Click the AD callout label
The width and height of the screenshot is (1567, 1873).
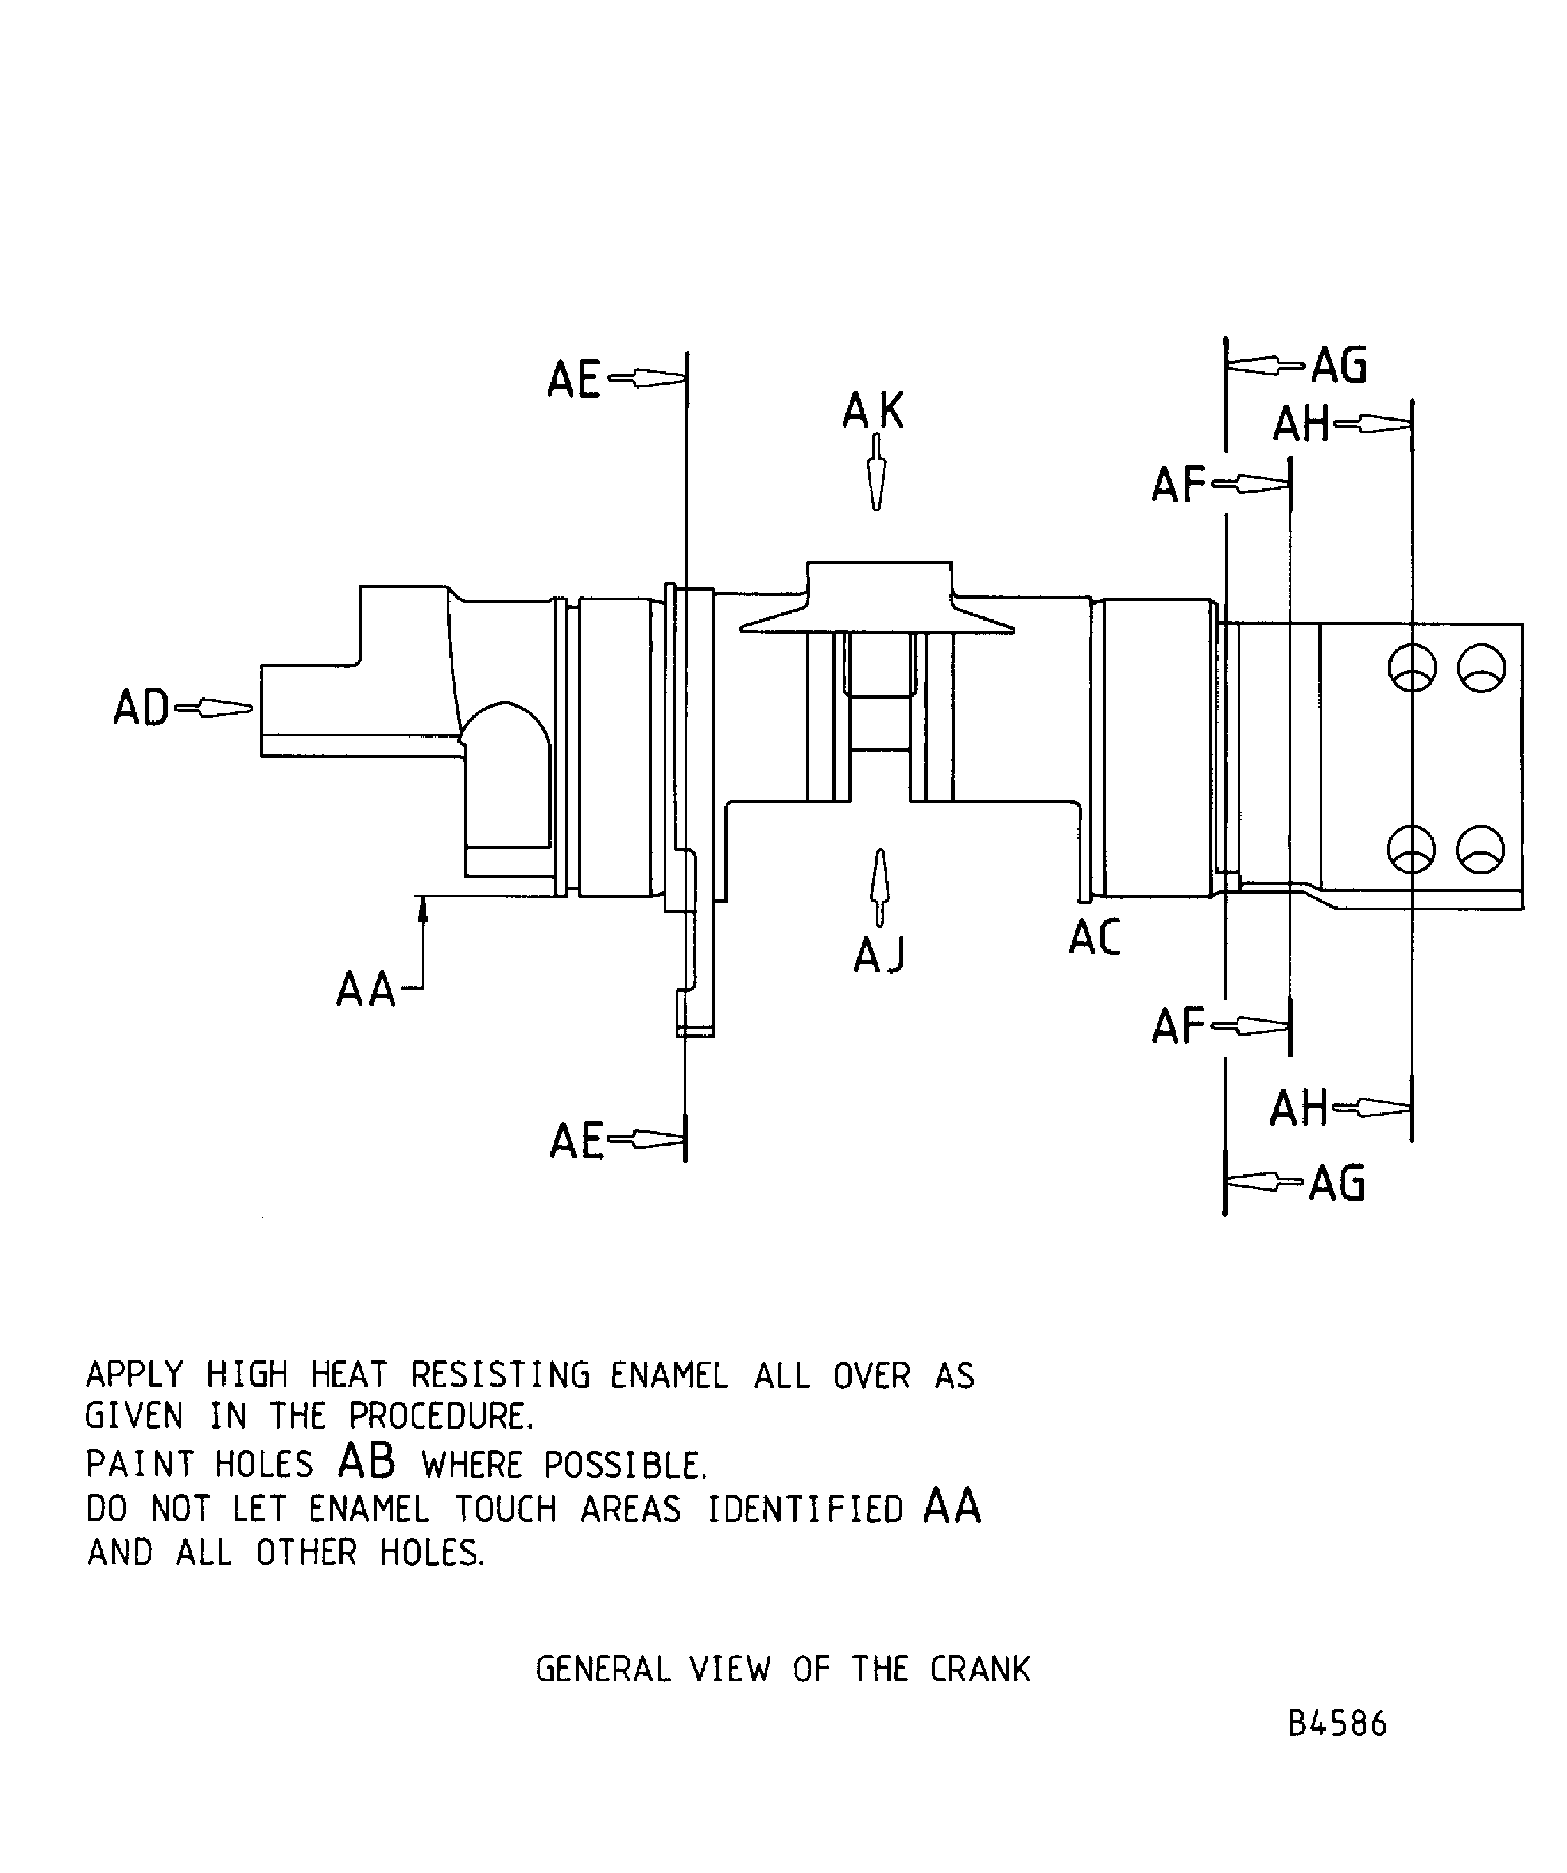140,709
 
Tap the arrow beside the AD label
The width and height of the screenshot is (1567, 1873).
214,709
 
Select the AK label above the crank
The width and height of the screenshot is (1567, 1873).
873,412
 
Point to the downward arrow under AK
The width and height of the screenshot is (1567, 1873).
876,473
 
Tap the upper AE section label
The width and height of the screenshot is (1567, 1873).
573,381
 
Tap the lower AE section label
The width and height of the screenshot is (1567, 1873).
576,1142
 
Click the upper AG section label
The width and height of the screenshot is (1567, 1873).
1339,366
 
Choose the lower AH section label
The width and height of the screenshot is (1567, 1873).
1298,1108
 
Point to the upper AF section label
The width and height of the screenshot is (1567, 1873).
1178,486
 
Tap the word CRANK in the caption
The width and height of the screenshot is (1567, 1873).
980,1669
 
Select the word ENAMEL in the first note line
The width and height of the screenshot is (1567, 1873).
669,1375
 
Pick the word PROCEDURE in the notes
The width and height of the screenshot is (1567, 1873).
441,1416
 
